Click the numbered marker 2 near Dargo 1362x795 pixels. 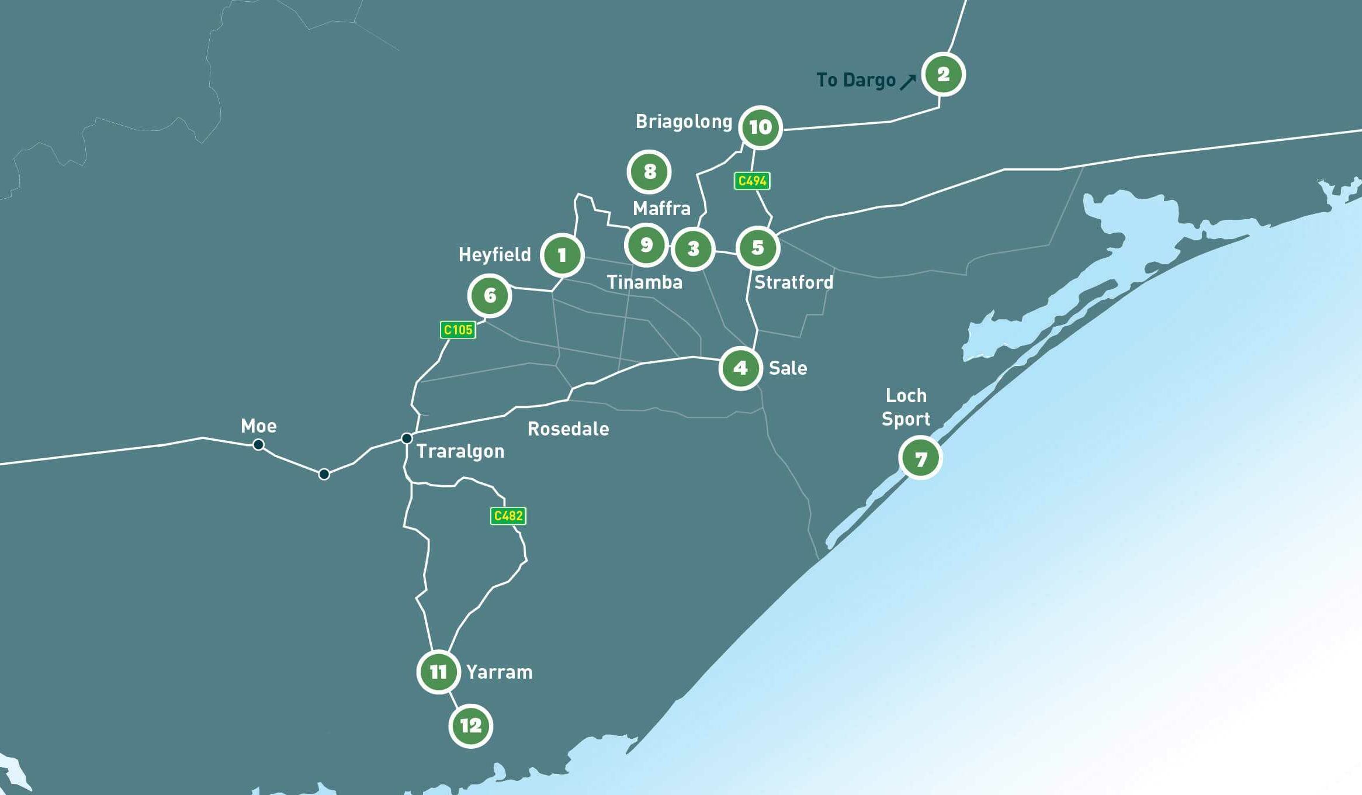(943, 75)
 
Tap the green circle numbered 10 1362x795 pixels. (760, 127)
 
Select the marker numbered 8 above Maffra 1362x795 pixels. (649, 172)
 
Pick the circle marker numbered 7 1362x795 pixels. (920, 459)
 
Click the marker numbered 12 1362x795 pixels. (470, 726)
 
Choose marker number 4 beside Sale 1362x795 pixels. (740, 368)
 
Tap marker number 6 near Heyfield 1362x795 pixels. (490, 296)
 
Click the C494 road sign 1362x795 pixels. (752, 181)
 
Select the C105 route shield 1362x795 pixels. (458, 330)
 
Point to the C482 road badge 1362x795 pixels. (508, 516)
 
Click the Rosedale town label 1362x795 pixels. (568, 429)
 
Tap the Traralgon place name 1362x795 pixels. (460, 451)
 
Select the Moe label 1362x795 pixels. (259, 426)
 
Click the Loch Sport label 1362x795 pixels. (906, 407)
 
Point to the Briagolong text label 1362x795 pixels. (684, 122)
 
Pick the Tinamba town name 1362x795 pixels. (644, 282)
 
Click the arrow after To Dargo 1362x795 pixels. (907, 82)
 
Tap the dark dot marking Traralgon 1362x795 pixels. (407, 438)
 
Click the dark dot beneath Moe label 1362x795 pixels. (258, 445)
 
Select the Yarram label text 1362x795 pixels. (499, 672)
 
